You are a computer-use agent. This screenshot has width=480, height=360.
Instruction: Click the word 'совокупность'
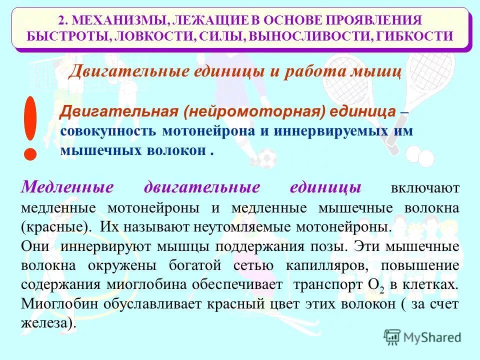[x=106, y=130]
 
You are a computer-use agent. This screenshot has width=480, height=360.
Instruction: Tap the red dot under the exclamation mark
[x=30, y=153]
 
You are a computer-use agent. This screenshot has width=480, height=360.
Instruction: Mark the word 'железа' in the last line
[x=46, y=322]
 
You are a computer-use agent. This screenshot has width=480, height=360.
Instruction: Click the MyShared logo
[x=423, y=336]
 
